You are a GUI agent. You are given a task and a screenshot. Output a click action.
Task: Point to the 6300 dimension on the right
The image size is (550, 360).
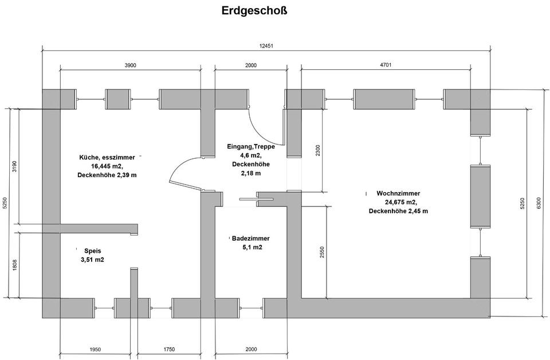[537, 203]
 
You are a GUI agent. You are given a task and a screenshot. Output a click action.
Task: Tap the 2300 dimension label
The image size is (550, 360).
[318, 150]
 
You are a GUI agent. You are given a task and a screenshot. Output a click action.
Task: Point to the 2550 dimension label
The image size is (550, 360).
[323, 252]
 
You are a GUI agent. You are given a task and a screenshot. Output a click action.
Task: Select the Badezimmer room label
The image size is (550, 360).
[250, 238]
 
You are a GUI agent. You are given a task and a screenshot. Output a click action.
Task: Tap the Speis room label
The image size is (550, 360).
[92, 251]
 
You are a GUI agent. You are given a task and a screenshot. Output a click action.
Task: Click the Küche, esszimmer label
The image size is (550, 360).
[107, 156]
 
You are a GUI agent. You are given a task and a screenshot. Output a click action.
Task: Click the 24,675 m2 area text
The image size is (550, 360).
[400, 202]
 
